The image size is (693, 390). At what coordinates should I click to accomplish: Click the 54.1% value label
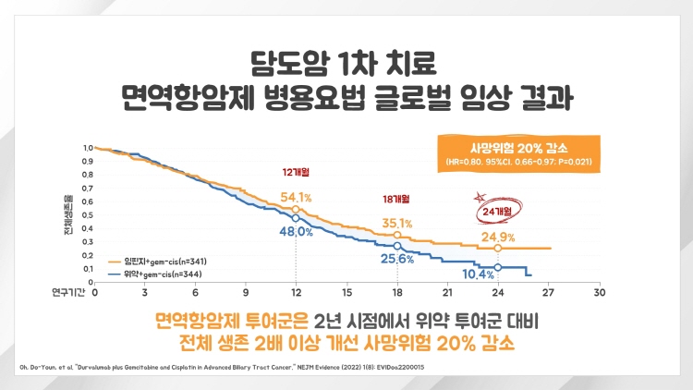[296, 197]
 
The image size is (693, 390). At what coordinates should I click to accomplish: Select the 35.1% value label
[397, 223]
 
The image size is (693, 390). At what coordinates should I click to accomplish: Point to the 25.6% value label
[395, 259]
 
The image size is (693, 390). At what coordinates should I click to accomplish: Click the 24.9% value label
[498, 238]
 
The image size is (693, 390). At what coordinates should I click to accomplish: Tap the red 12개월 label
[296, 172]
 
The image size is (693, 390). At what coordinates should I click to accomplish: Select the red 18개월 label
[396, 198]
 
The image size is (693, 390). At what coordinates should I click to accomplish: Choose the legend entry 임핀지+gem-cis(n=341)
[164, 262]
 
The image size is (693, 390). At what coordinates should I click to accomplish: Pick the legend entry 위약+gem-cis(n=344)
[161, 274]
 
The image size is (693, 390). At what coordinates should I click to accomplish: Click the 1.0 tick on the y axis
[88, 148]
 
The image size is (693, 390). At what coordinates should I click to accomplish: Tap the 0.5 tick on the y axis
[88, 215]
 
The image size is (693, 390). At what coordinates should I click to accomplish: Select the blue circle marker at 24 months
[498, 267]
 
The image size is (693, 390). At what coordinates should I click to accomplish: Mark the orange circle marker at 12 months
[296, 210]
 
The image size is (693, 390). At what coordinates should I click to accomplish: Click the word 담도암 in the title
[283, 67]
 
